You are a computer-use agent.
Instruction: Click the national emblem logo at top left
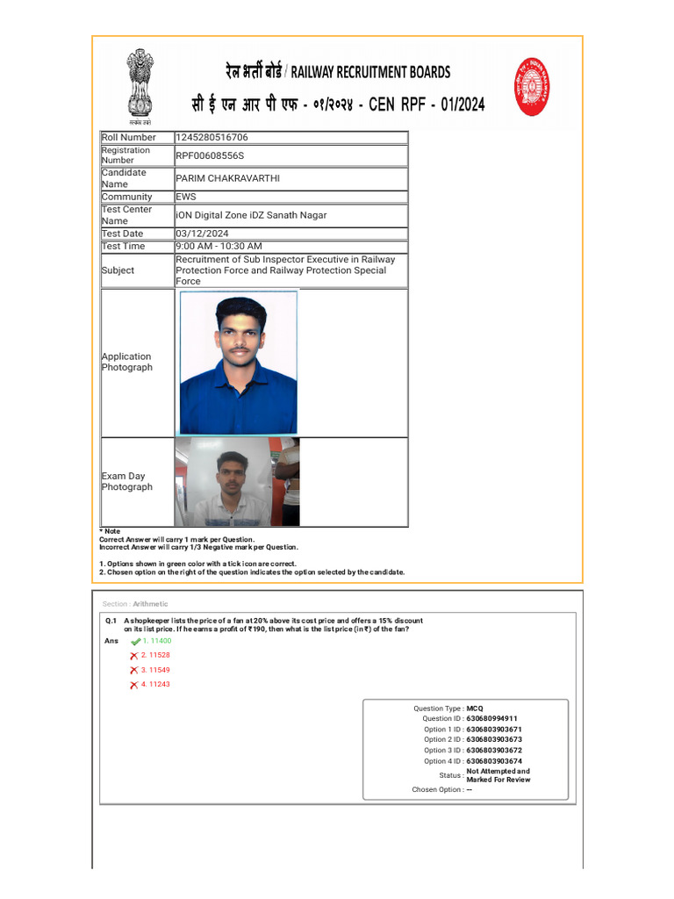[x=140, y=84]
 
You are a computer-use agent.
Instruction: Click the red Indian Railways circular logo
[x=532, y=86]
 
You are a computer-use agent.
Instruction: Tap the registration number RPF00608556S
[x=210, y=155]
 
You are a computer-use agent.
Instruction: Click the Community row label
[x=126, y=198]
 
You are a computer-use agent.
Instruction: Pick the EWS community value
[x=186, y=198]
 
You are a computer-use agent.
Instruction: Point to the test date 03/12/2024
[x=202, y=234]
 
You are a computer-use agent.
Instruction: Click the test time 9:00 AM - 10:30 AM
[x=219, y=247]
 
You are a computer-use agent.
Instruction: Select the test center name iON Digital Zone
[x=251, y=215]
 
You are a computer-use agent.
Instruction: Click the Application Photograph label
[x=126, y=362]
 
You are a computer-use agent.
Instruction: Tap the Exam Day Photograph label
[x=126, y=481]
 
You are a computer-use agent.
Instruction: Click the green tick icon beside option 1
[x=135, y=642]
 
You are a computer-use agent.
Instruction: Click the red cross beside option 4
[x=134, y=685]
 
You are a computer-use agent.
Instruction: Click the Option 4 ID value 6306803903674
[x=494, y=760]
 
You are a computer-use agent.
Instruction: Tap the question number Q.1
[x=111, y=620]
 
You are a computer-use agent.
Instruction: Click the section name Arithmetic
[x=150, y=604]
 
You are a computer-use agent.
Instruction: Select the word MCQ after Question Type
[x=475, y=708]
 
